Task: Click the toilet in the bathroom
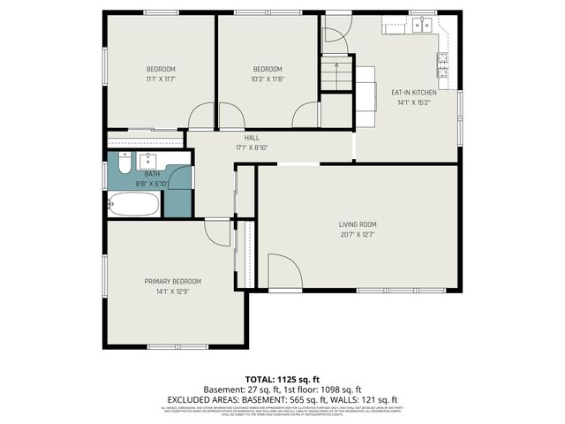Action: tap(123, 163)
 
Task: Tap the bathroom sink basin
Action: tap(147, 162)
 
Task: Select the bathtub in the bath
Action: tap(134, 206)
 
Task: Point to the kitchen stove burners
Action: tap(441, 63)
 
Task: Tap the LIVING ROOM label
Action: tap(358, 224)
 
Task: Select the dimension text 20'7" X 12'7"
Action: tap(358, 234)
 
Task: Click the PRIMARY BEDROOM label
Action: tap(172, 281)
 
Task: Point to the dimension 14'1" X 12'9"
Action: tap(172, 291)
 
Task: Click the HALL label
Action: tap(252, 138)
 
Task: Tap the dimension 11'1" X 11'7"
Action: tap(161, 79)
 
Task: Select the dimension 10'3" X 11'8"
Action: tap(267, 79)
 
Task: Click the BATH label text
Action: tap(152, 174)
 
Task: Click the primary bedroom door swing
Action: tap(216, 232)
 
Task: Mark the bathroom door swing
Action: tap(179, 178)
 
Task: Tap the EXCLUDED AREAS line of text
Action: tap(282, 399)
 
